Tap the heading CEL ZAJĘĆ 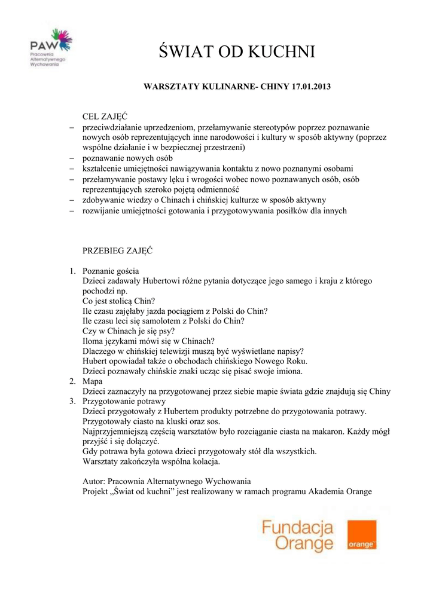[105, 116]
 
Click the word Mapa [92, 381]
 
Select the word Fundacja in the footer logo [297, 527]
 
